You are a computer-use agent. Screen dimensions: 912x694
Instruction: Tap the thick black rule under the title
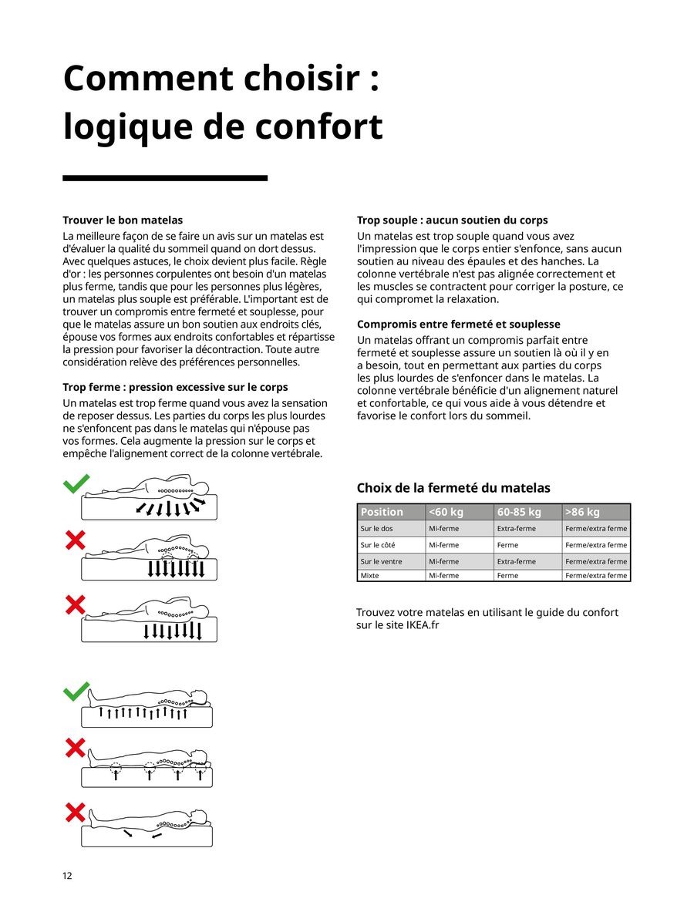click(164, 178)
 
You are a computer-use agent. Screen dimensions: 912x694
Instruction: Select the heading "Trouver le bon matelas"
click(123, 220)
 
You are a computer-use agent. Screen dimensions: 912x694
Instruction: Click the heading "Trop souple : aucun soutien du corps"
click(452, 220)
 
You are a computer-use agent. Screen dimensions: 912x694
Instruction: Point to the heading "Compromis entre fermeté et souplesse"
click(458, 324)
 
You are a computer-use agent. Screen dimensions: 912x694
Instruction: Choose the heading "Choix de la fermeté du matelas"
click(453, 487)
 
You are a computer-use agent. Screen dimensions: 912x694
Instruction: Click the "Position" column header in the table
click(382, 512)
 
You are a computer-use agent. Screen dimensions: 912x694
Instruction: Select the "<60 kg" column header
click(446, 512)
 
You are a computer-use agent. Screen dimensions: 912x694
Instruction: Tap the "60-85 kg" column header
click(519, 512)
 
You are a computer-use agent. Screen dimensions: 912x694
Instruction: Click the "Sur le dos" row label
click(377, 529)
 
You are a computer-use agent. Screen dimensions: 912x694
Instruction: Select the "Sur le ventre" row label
click(381, 561)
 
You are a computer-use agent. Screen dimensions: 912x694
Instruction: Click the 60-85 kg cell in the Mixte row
click(507, 575)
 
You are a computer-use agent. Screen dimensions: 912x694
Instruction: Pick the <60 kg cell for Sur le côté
click(443, 545)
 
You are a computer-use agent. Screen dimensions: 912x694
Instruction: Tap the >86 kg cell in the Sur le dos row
click(596, 529)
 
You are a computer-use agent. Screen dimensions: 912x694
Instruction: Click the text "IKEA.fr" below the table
click(422, 625)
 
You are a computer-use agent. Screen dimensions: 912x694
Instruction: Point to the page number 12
click(67, 876)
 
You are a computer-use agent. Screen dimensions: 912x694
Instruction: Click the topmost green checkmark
click(76, 483)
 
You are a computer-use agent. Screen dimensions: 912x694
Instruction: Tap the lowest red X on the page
click(75, 812)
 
